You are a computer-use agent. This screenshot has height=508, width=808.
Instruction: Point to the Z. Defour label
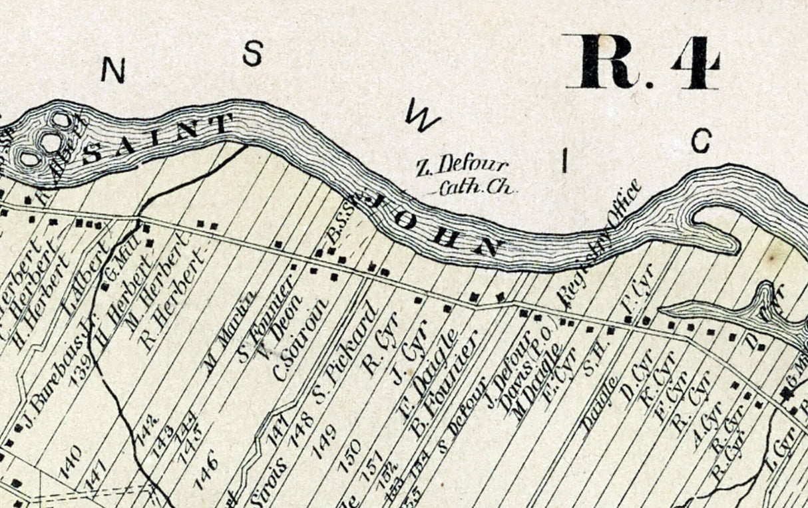click(x=462, y=165)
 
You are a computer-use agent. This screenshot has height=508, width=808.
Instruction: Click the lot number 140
click(x=71, y=461)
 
